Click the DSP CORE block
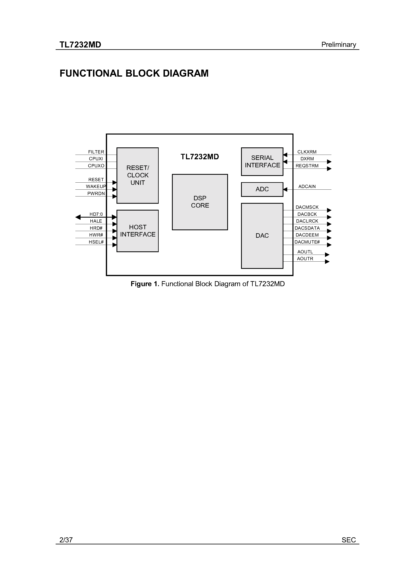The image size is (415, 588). point(200,202)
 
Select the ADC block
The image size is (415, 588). point(262,189)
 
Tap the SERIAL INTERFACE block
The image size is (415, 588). point(262,162)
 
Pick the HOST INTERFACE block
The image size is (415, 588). point(138,231)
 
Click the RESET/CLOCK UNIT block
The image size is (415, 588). point(138,175)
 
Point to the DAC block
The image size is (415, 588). point(262,236)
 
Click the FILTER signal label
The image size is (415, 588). point(96,152)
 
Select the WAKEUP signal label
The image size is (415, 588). point(96,186)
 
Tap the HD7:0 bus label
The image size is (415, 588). point(96,214)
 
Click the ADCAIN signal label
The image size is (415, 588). point(307,186)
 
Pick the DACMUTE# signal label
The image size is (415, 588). point(307,242)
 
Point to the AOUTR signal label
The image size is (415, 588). point(305,259)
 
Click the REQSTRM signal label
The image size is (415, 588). point(307,166)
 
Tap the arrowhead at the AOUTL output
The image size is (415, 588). point(327,255)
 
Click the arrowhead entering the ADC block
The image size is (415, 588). point(285,189)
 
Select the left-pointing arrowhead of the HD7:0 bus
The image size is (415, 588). point(78,217)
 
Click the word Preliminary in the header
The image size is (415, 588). point(338,45)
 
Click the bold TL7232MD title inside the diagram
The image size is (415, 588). point(200,157)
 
